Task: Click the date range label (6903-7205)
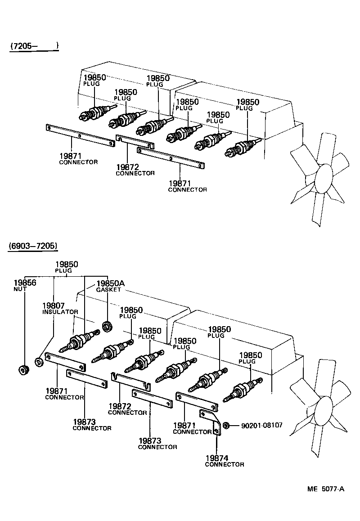32,246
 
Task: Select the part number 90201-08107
262,425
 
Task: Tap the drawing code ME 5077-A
326,489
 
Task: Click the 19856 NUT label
24,285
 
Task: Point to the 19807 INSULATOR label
54,308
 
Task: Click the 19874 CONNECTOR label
224,461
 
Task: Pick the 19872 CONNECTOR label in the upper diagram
135,170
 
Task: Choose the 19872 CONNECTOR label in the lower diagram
127,409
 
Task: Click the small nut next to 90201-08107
228,425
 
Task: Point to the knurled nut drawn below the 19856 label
22,370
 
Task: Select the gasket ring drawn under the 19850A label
108,325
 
